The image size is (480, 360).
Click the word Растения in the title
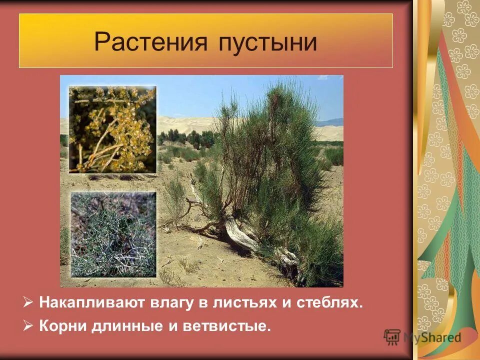point(150,42)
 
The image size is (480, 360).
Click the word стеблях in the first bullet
point(327,303)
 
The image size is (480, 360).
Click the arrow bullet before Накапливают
point(28,303)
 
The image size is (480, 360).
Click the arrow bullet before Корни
point(28,326)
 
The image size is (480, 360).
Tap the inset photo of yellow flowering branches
point(112,129)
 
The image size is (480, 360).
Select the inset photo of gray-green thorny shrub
point(113,234)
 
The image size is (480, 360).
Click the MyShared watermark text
point(432,337)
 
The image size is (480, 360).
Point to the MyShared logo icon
point(392,337)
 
